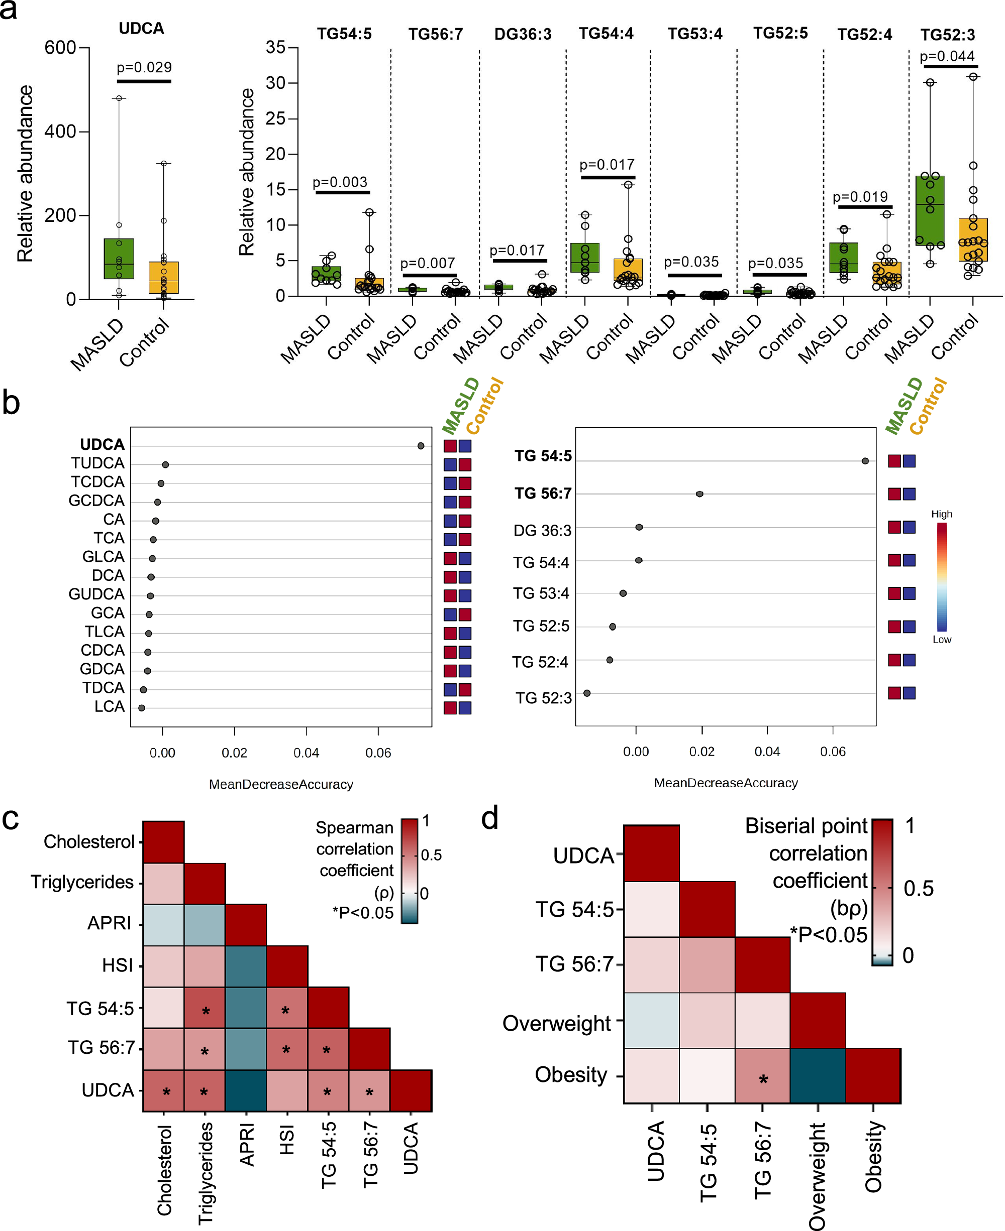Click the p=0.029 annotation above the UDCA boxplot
(144, 67)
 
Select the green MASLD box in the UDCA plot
(119, 259)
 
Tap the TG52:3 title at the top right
(948, 35)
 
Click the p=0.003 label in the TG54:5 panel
(340, 182)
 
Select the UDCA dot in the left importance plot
(421, 446)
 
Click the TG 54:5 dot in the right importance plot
(865, 461)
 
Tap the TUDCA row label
(98, 463)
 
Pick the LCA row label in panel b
(110, 707)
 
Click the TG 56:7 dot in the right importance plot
(699, 494)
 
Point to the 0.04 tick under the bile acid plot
(306, 753)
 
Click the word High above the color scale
(941, 514)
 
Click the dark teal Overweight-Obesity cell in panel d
(818, 1076)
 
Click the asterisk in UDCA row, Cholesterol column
(166, 1092)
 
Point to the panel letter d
(490, 818)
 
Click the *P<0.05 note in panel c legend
(362, 913)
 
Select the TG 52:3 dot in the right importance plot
(587, 693)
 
